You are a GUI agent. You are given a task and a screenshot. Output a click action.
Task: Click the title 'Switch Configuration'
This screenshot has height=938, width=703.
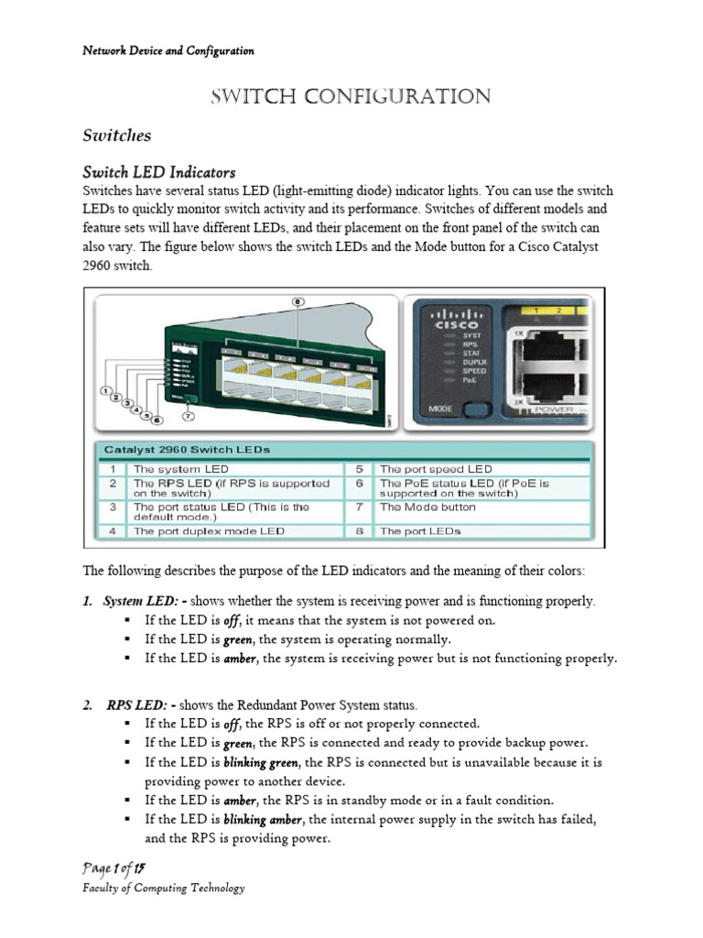(x=351, y=97)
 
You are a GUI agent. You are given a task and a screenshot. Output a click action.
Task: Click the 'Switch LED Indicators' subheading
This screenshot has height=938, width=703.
(x=159, y=172)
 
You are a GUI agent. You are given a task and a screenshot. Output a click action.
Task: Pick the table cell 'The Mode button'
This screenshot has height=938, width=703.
(x=427, y=507)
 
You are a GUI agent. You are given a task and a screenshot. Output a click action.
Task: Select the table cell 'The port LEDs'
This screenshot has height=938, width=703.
(x=420, y=530)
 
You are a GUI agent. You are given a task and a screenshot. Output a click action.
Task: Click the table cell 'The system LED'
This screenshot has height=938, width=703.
(x=181, y=468)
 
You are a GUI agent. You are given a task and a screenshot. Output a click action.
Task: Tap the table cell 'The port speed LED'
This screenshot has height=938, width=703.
(x=436, y=468)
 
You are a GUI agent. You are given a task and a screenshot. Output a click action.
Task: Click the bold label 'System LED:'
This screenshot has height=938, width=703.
(x=138, y=601)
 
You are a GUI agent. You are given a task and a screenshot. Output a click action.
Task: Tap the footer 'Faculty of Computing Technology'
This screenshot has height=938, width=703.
(x=164, y=888)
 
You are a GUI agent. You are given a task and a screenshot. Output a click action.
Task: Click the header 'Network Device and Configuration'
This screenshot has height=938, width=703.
(x=168, y=51)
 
